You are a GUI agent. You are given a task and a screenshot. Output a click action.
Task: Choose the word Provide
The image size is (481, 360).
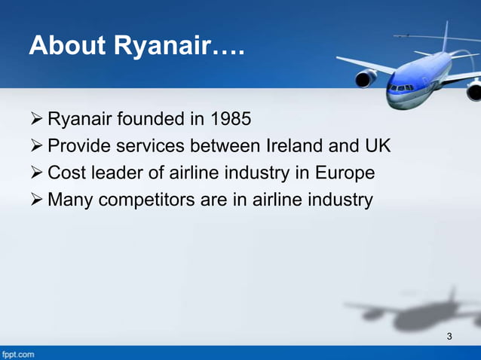tap(78, 145)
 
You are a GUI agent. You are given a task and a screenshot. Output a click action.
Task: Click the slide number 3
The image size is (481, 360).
tap(449, 336)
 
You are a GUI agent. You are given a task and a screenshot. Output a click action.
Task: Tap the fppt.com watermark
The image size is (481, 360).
tap(18, 353)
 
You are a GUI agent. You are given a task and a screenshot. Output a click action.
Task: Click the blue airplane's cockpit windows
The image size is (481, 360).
tap(400, 87)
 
